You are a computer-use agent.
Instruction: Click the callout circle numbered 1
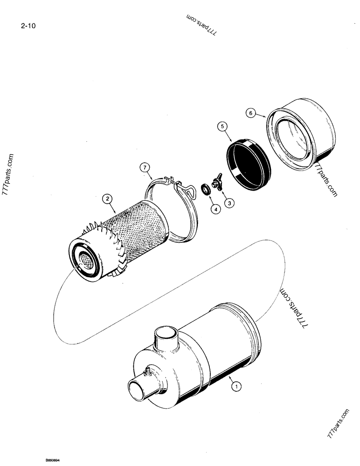pyautogui.click(x=236, y=385)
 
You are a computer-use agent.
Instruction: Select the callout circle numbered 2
pyautogui.click(x=108, y=199)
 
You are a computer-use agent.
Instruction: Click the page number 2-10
pyautogui.click(x=28, y=26)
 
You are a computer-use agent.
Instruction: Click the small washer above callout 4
pyautogui.click(x=205, y=191)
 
